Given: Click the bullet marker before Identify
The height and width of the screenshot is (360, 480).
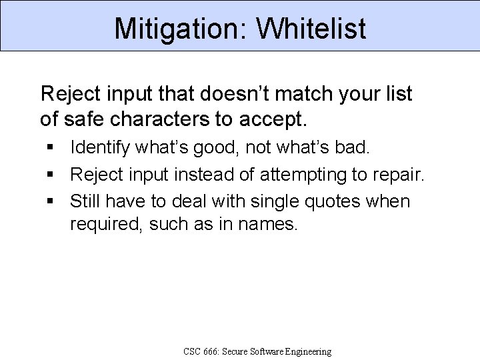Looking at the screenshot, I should [51, 146].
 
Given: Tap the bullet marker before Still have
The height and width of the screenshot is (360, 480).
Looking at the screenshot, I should [51, 201].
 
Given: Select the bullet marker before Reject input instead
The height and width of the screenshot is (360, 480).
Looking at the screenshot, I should [51, 173].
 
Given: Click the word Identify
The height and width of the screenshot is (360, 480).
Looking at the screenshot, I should [100, 146].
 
